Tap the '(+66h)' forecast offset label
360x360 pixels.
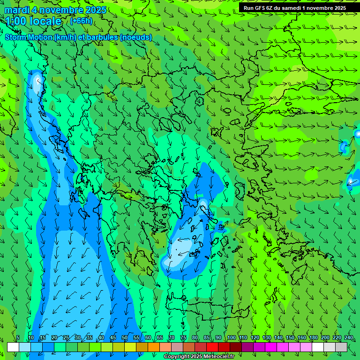pyautogui.click(x=81, y=21)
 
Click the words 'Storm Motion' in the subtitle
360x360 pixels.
pyautogui.click(x=29, y=37)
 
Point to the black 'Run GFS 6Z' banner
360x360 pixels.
pyautogui.click(x=294, y=8)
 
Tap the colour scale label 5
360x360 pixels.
pyautogui.click(x=18, y=338)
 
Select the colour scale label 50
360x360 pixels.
pyautogui.click(x=125, y=338)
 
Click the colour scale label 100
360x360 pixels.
pyautogui.click(x=231, y=338)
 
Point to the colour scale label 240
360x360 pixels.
pyautogui.click(x=348, y=338)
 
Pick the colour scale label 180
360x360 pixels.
pyautogui.click(x=313, y=338)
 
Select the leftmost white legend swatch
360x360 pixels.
pyautogui.click(x=13, y=347)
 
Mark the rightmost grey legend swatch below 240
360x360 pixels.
pyautogui.click(x=341, y=347)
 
